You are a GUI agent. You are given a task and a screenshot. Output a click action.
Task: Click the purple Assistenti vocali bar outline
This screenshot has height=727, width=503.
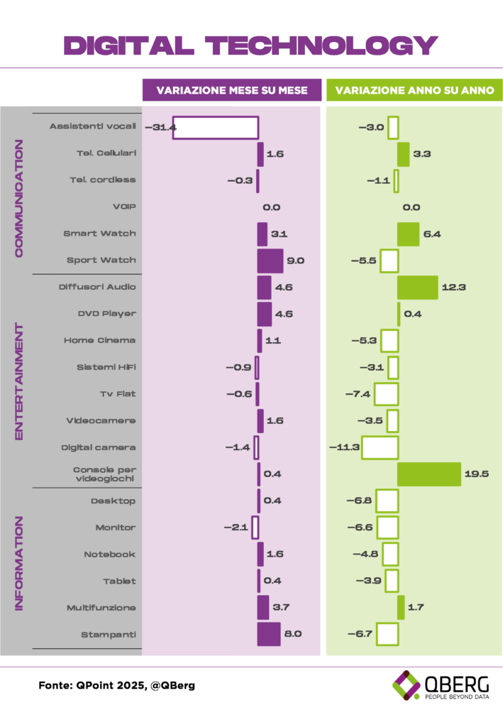(215, 127)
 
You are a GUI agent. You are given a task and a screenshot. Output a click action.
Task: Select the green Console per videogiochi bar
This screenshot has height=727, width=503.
(429, 474)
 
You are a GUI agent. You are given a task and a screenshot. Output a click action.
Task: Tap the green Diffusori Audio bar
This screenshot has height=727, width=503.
(417, 287)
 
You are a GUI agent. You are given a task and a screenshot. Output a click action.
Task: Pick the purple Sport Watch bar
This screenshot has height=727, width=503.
(270, 261)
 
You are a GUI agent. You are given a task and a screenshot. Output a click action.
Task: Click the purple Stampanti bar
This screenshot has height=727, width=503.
(269, 633)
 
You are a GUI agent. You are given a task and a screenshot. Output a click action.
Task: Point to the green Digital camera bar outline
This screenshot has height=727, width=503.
(380, 447)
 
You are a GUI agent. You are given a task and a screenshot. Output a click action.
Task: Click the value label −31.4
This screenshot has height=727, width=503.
(160, 127)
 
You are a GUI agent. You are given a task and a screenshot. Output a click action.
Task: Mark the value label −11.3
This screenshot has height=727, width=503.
(346, 447)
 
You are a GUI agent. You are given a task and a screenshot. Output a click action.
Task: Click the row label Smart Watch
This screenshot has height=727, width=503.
(100, 234)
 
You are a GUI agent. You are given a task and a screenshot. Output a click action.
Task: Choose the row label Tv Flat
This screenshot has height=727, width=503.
(118, 393)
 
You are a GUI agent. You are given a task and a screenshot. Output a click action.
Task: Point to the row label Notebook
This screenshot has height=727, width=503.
(110, 554)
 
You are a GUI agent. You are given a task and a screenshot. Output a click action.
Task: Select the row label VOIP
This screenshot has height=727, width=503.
(125, 207)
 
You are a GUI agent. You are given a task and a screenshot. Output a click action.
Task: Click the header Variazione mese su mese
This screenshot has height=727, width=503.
(232, 90)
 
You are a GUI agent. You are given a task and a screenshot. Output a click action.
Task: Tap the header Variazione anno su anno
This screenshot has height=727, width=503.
(414, 90)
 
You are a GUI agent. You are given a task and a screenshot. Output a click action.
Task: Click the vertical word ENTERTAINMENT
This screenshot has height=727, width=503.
(18, 381)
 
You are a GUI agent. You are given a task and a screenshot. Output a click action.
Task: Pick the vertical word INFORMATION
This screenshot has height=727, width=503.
(18, 562)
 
